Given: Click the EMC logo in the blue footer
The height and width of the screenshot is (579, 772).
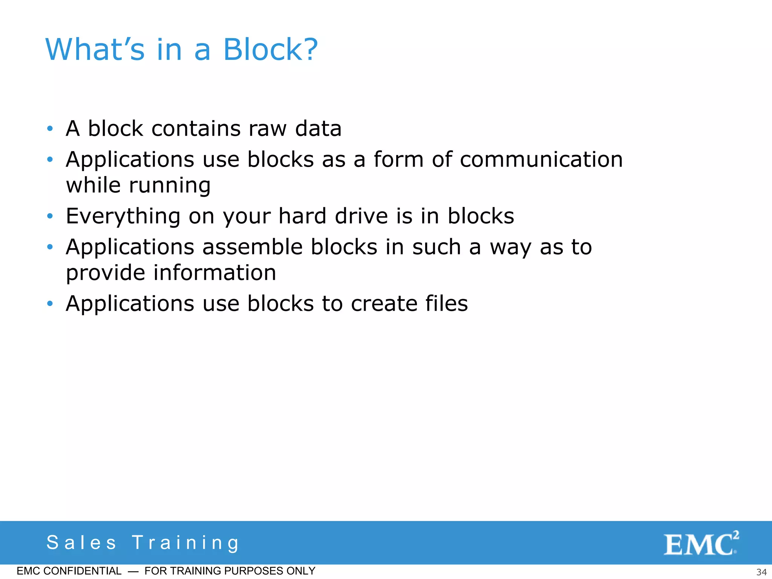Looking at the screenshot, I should click(x=700, y=543).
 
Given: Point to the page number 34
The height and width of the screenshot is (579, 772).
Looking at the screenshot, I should click(x=761, y=572).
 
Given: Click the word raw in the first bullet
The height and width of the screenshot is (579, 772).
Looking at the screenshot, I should click(x=268, y=129).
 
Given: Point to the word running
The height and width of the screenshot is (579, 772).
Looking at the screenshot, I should click(x=170, y=186).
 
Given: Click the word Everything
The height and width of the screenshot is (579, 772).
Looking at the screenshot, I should click(x=123, y=216).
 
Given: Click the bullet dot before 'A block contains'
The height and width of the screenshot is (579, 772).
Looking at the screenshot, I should click(x=50, y=129).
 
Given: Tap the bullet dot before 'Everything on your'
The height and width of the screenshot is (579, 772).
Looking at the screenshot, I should click(x=50, y=216).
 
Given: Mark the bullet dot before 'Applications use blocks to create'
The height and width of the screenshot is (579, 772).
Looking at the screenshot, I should click(x=50, y=303).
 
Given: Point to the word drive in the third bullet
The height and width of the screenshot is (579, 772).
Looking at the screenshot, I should click(x=361, y=216).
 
